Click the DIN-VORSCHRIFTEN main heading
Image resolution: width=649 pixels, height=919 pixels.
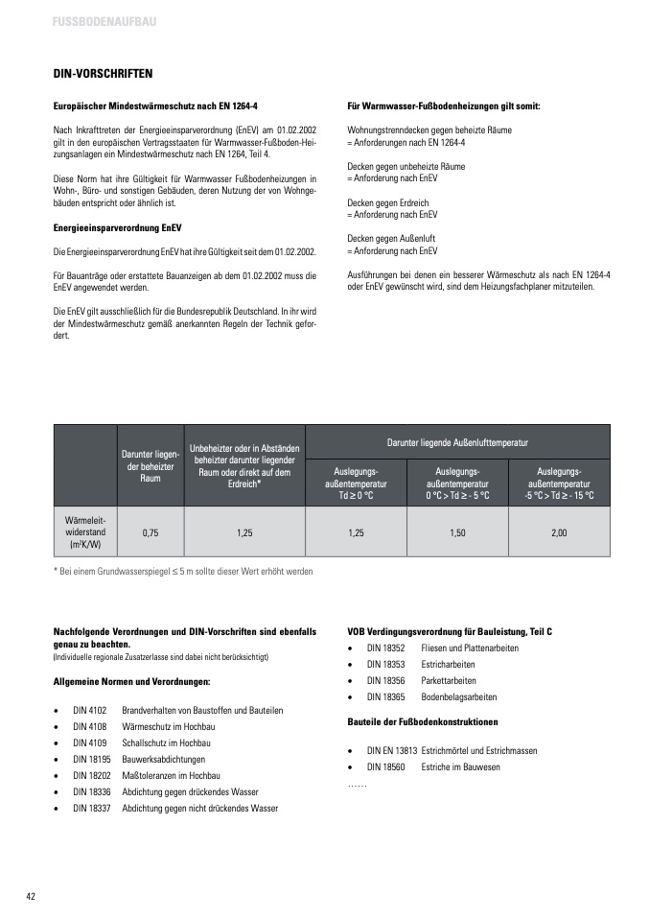click(103, 73)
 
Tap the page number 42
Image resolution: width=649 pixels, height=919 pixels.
click(31, 896)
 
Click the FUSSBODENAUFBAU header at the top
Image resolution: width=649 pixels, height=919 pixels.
click(105, 21)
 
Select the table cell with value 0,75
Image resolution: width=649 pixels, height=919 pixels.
click(151, 530)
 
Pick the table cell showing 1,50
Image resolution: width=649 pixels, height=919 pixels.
click(457, 530)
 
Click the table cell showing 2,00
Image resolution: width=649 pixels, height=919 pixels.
click(559, 530)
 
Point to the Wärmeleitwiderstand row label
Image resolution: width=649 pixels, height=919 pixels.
click(84, 530)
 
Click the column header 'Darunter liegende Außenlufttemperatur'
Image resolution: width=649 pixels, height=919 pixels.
click(457, 441)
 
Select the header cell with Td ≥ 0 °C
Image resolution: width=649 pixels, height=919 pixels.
click(356, 483)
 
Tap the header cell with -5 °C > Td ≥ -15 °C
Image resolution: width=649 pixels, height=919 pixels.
click(559, 483)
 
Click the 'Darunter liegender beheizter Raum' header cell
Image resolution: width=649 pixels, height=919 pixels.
click(151, 464)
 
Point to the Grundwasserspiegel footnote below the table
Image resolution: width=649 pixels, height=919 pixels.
click(182, 571)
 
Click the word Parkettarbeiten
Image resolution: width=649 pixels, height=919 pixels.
click(449, 680)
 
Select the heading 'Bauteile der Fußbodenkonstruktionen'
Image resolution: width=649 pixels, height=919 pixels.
click(423, 721)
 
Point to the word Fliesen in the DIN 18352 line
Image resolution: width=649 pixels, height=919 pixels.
click(434, 648)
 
